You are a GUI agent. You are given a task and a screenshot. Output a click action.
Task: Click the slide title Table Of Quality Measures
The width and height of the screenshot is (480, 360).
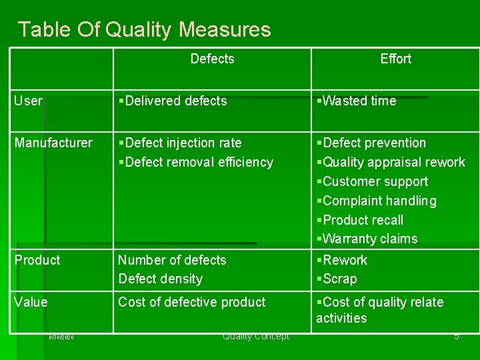[x=144, y=30]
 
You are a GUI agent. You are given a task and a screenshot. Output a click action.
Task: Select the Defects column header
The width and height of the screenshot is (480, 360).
[x=212, y=59]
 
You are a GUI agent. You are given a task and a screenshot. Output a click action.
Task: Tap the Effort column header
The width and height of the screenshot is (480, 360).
[x=395, y=59]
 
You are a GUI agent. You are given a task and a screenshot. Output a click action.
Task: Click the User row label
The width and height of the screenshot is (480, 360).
[x=29, y=101]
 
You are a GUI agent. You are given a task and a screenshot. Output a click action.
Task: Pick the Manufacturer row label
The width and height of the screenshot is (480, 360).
[x=53, y=143]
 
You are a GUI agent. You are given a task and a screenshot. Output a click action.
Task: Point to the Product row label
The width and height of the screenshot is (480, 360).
[x=37, y=260]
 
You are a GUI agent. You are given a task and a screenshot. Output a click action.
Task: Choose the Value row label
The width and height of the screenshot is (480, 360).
[x=31, y=302]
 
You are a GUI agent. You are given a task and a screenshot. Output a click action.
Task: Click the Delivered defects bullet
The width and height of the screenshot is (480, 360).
[x=174, y=101]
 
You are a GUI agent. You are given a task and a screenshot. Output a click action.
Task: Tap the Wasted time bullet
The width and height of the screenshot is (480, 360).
[x=358, y=101]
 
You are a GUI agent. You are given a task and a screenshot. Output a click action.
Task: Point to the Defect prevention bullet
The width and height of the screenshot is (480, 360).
[x=373, y=143]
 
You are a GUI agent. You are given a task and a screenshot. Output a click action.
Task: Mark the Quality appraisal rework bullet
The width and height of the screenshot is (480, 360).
[x=392, y=162]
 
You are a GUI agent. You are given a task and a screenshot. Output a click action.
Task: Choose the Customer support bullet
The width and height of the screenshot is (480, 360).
[x=373, y=181]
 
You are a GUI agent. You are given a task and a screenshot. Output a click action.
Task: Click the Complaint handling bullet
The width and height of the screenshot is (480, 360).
[x=378, y=201]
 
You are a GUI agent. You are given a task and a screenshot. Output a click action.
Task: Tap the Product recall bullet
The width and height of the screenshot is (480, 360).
[x=361, y=220]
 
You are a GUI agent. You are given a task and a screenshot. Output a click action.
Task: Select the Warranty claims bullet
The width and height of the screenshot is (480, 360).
[x=368, y=239]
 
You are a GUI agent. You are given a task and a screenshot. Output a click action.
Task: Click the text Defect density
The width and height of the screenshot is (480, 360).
[x=160, y=279]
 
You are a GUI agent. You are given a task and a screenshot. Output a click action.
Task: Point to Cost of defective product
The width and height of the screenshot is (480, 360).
[x=192, y=302]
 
